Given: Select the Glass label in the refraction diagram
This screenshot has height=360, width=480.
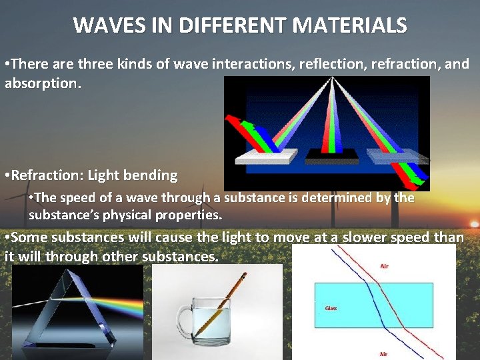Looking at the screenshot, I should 331,308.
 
